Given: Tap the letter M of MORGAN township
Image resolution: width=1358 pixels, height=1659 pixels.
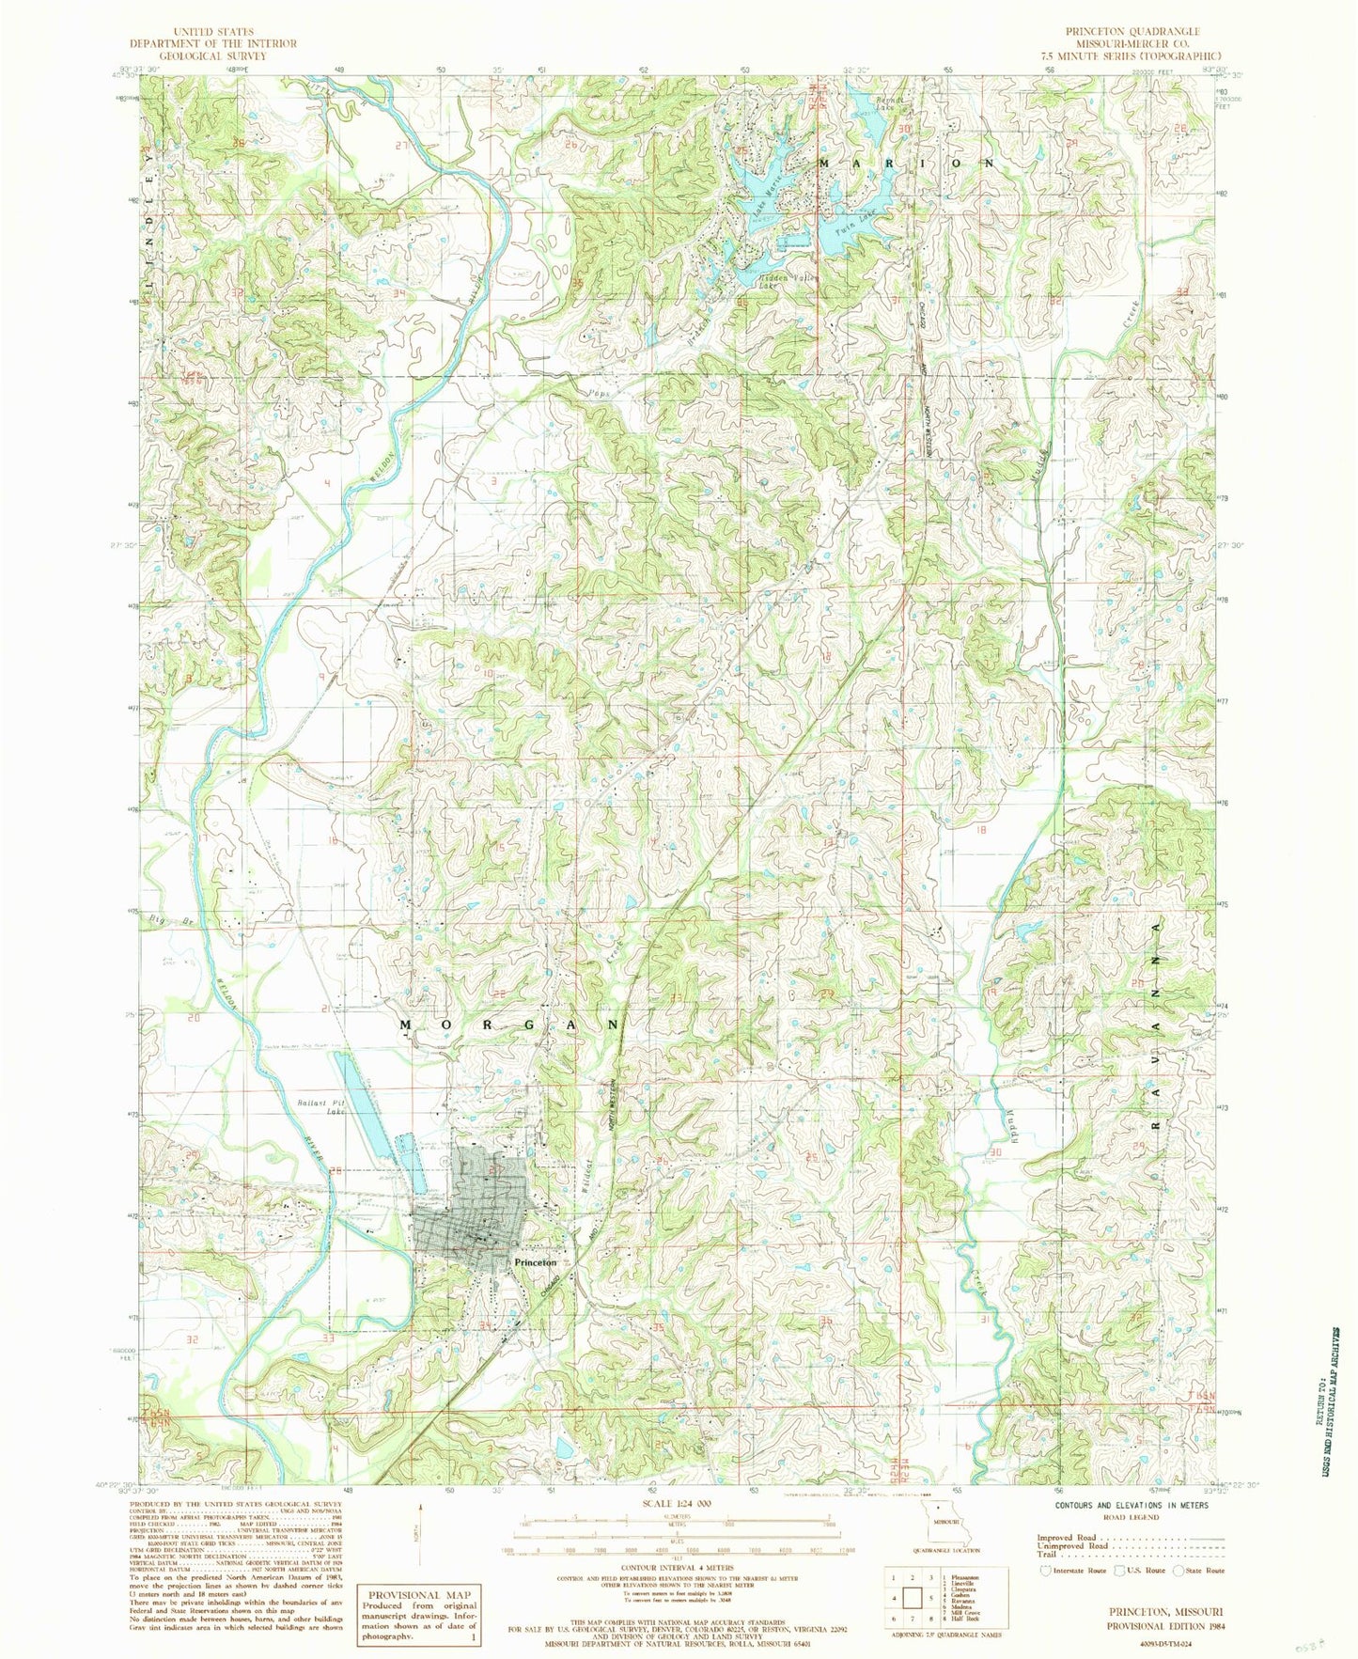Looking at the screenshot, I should (407, 1024).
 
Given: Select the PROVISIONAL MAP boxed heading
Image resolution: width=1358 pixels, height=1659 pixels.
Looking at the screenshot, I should (420, 1595).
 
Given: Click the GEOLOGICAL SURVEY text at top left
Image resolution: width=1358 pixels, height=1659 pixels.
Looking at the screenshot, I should (213, 55).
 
